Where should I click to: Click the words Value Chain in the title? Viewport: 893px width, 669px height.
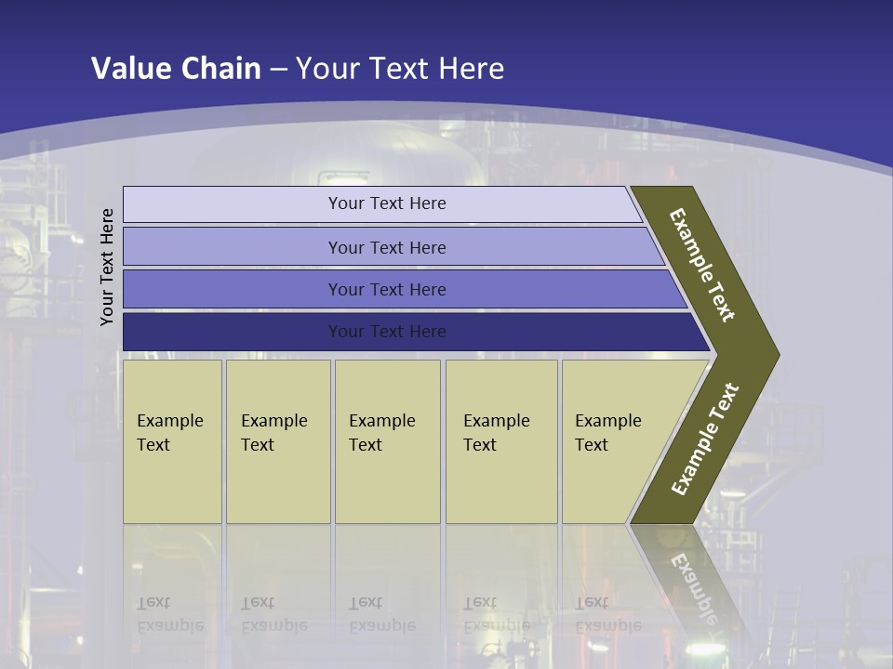176,68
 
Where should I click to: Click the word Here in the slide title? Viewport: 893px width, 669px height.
471,68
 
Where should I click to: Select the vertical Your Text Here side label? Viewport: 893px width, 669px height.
107,267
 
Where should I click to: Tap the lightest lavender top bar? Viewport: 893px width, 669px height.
233,204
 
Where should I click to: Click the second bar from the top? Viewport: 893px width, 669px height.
233,247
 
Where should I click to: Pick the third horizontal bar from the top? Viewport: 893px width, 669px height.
233,289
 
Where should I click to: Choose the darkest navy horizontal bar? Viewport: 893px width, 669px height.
233,332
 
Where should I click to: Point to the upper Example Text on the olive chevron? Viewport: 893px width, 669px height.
702,265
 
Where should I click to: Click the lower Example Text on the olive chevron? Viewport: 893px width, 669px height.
704,439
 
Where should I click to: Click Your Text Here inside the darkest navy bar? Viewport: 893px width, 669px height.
387,332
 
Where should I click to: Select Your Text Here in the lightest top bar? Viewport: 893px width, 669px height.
387,203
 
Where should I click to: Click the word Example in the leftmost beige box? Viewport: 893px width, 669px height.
169,421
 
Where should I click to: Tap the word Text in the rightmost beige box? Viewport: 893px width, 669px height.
592,445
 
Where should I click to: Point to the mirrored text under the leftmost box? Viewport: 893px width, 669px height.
169,614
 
